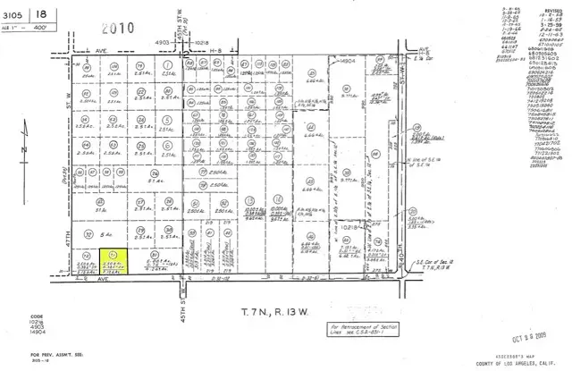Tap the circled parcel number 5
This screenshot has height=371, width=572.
(x=168, y=119)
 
